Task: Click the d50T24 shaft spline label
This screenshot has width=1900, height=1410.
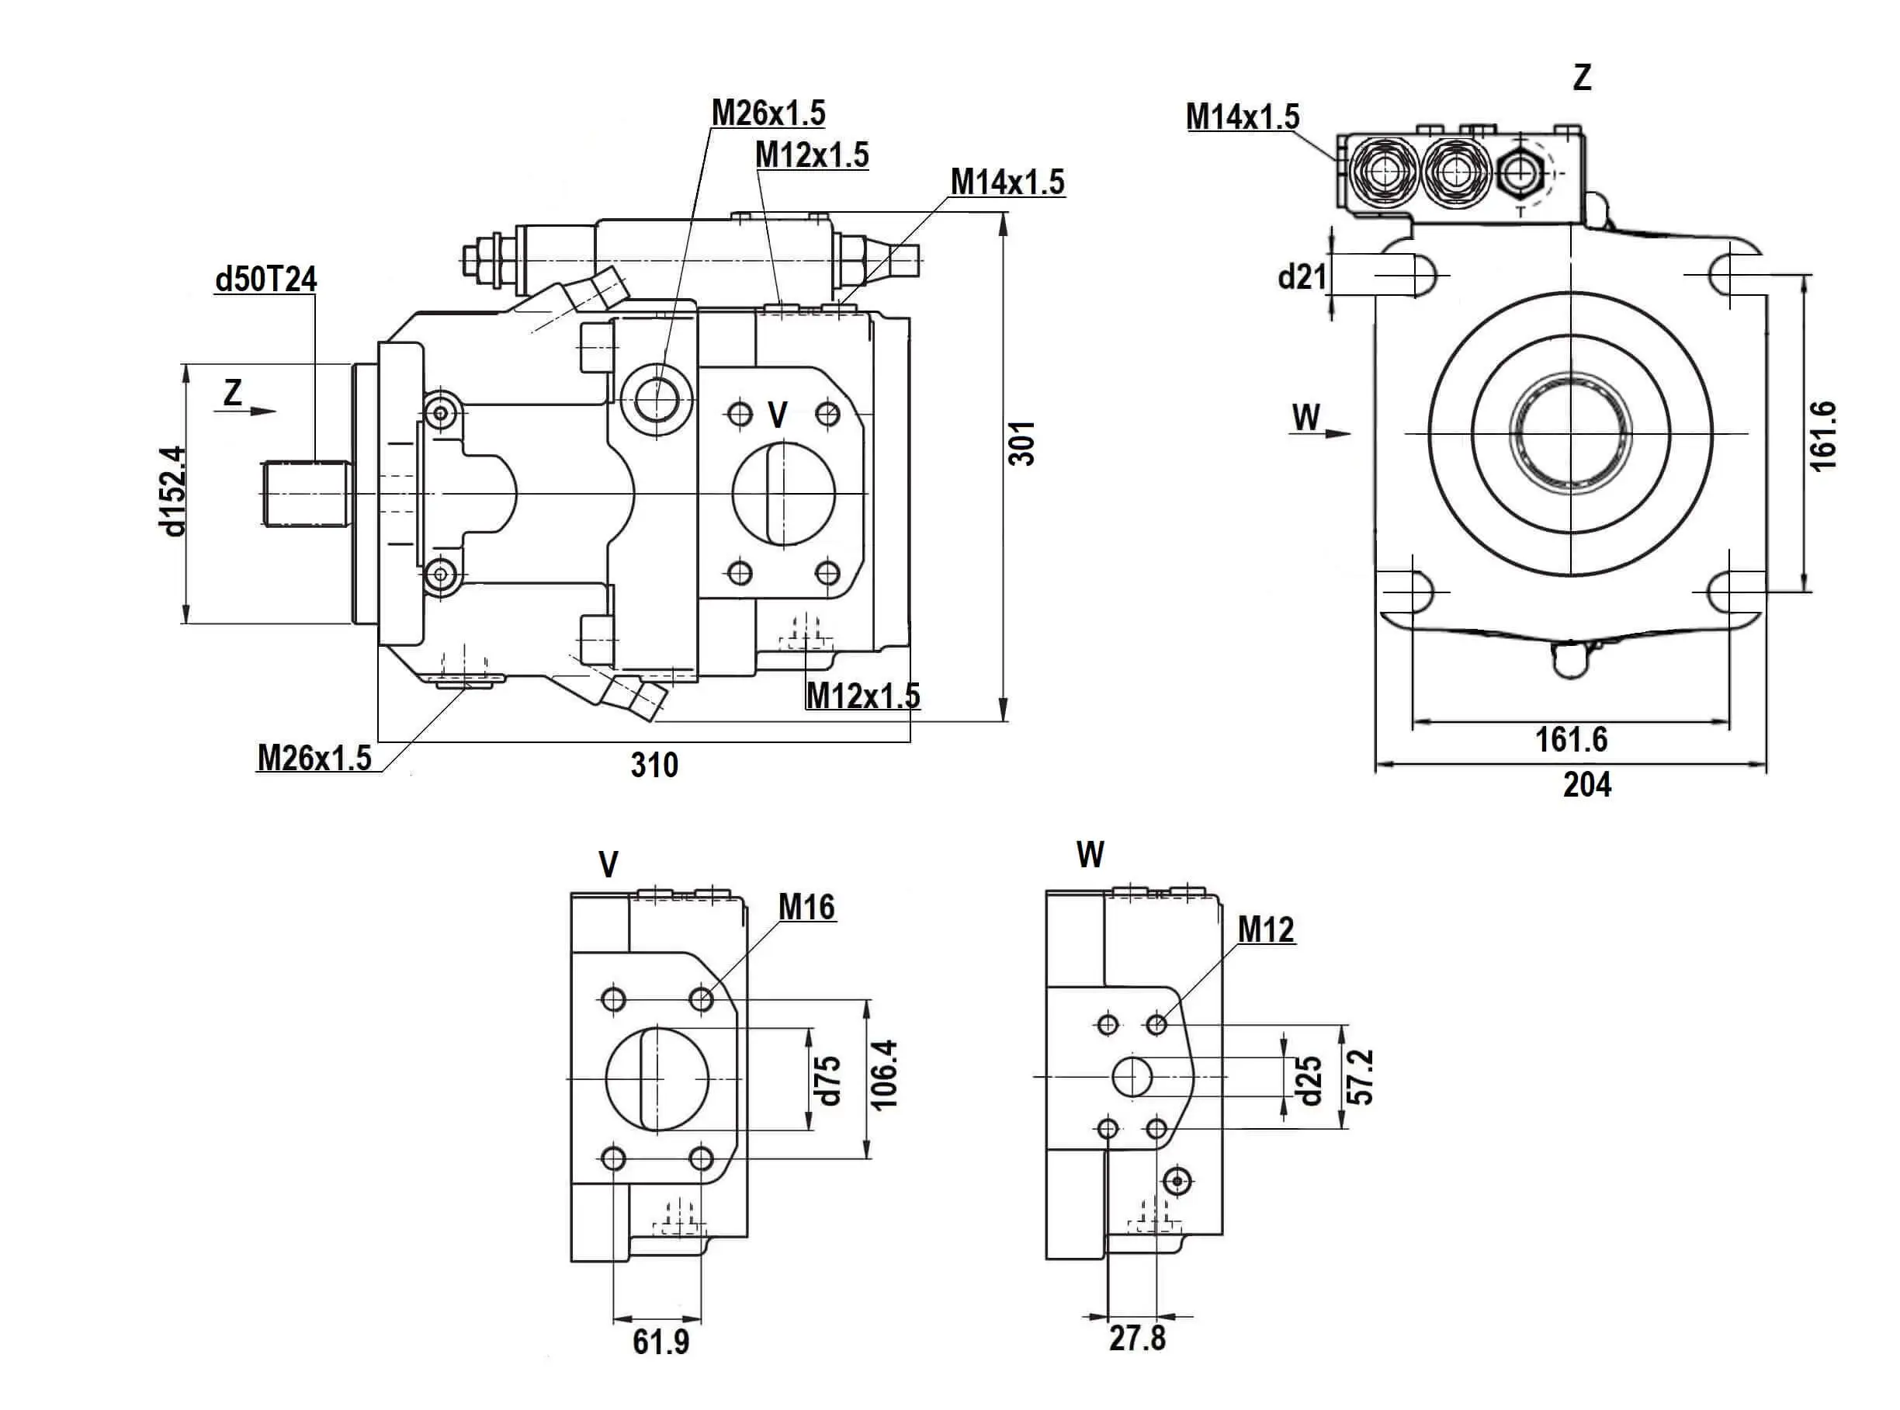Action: tap(265, 279)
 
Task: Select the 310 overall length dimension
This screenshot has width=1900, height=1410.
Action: tap(654, 765)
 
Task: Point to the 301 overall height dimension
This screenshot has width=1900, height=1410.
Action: tap(1021, 442)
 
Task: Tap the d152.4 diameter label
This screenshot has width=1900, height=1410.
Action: tap(173, 491)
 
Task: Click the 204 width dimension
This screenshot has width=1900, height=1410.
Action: tap(1587, 784)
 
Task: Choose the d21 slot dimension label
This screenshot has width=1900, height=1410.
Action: tap(1302, 276)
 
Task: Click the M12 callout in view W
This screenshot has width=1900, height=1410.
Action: tap(1266, 929)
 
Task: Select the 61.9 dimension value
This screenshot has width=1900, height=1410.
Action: tap(661, 1342)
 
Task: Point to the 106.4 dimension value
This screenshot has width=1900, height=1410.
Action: tap(885, 1075)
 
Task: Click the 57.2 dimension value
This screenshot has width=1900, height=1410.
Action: tap(1362, 1076)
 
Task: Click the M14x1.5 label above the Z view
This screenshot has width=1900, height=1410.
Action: tap(1242, 117)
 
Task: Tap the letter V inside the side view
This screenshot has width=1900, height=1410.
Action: tap(777, 415)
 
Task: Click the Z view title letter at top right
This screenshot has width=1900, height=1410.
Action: tap(1582, 78)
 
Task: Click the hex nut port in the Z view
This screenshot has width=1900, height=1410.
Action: tap(1516, 173)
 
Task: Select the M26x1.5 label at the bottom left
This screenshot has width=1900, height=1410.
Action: tap(314, 758)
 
